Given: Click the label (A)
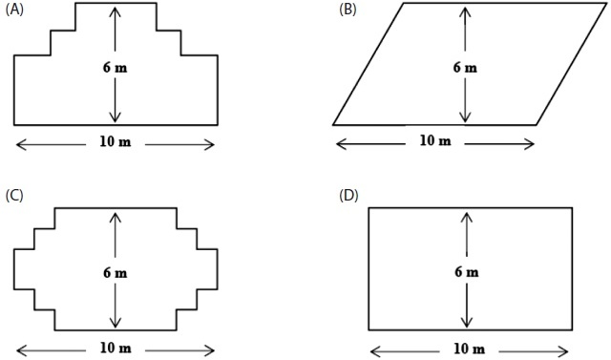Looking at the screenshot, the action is [x=14, y=10].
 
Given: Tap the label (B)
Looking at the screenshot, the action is [x=348, y=10].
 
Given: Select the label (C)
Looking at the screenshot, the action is [x=14, y=196].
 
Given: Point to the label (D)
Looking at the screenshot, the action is [x=348, y=196].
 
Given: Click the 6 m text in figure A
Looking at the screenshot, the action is [x=115, y=68].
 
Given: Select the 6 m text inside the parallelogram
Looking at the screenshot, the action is [x=465, y=68].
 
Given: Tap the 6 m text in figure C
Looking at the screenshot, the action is [x=115, y=273].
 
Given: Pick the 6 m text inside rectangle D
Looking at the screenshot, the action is [x=467, y=271].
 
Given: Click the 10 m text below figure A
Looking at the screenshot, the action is [x=116, y=141].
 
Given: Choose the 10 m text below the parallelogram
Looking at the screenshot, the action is [x=435, y=140].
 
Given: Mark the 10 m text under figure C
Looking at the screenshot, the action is [x=116, y=348].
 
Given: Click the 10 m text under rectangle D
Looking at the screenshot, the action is [x=469, y=349].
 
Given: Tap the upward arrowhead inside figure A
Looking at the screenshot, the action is [x=115, y=11].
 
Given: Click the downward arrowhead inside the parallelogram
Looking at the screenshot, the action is [x=465, y=116].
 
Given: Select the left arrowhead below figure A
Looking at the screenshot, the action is [x=21, y=145].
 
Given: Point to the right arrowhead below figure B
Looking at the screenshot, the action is [x=529, y=144].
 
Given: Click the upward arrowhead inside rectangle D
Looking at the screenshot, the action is [x=467, y=217].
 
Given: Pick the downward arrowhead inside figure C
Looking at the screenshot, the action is [x=115, y=322].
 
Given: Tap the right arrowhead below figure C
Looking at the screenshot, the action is [x=209, y=350].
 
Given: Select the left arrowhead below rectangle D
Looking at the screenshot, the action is [x=375, y=351].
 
